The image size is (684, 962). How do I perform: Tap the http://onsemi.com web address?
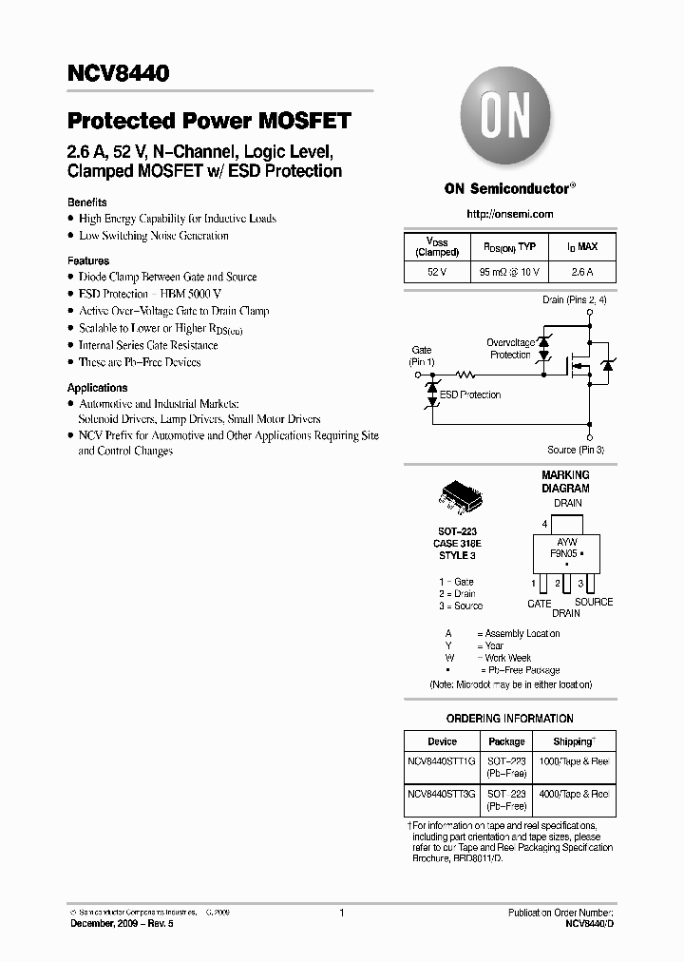(x=510, y=214)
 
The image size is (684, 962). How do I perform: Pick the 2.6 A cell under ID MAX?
(x=582, y=272)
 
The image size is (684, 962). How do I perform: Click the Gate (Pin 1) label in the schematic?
(x=422, y=356)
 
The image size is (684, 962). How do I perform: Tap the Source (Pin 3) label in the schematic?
(x=576, y=450)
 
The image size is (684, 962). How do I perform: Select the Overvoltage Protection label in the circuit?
(x=510, y=349)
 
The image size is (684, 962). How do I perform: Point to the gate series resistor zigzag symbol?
(x=465, y=375)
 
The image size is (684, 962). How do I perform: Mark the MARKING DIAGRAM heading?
(x=565, y=481)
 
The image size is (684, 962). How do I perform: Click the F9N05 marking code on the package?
(x=564, y=552)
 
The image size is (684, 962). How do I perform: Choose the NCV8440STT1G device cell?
(x=442, y=761)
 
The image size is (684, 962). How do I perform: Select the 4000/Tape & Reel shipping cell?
(x=575, y=793)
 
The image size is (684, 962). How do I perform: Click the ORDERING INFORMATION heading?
(x=509, y=719)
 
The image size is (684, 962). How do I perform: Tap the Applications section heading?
(x=97, y=388)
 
